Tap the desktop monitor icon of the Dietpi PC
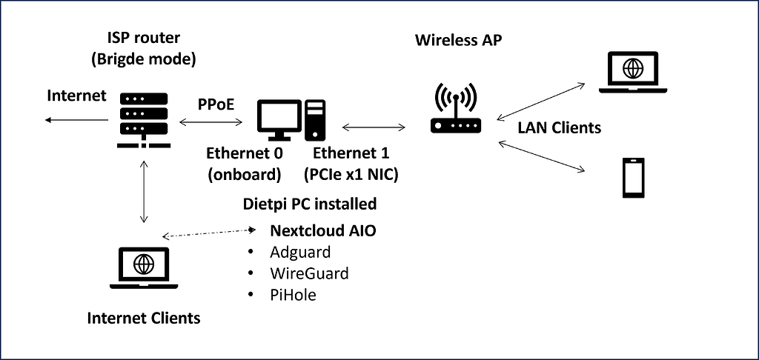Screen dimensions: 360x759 (x=279, y=119)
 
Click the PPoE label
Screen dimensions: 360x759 (x=216, y=104)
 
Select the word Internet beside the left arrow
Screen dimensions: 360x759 (x=77, y=96)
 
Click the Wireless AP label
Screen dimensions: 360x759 (x=459, y=39)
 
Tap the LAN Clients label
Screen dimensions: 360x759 (x=559, y=127)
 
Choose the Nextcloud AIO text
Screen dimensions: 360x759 (x=322, y=231)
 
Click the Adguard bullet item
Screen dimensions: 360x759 (x=300, y=252)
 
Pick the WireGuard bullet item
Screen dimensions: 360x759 (x=309, y=273)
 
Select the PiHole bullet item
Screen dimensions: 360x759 (x=293, y=295)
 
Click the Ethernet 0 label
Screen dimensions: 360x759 (x=244, y=154)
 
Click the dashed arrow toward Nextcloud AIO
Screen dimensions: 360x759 (x=211, y=233)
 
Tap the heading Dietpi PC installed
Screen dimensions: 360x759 (x=310, y=203)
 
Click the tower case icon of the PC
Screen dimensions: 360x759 (x=316, y=119)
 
